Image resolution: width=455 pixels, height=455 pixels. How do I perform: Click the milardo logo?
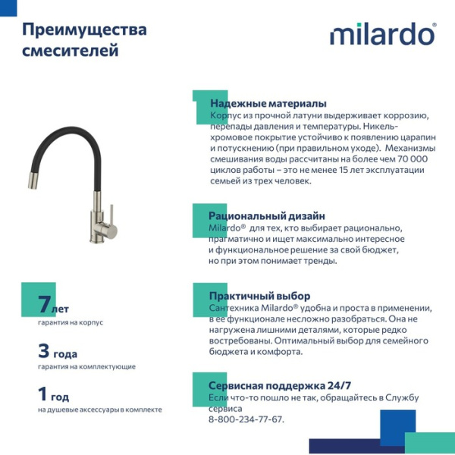pos(382,34)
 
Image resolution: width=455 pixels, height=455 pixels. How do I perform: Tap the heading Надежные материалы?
pos(268,103)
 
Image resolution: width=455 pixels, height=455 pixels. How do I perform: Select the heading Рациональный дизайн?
pos(267,216)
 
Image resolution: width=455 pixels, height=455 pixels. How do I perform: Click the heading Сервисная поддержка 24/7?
pos(280,385)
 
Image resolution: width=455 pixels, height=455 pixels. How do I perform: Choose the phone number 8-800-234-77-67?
pos(246,419)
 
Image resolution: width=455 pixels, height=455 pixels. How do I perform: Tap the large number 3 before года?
pos(43,351)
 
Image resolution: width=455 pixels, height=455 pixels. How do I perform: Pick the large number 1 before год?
pos(43,394)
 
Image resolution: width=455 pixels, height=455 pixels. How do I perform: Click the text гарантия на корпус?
pos(70,322)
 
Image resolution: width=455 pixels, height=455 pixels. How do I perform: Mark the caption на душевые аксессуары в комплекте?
pos(99,409)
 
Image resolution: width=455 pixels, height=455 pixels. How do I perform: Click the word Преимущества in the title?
pos(84,30)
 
